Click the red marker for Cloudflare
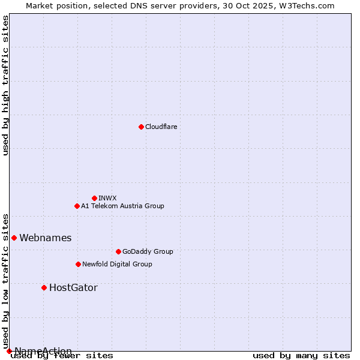tap(141, 127)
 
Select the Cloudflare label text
tap(161, 127)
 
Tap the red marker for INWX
tap(94, 198)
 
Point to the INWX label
tap(107, 198)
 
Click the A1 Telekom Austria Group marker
tap(77, 206)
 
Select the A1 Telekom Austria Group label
tap(122, 206)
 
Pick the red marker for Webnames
tap(14, 238)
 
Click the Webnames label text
tap(45, 238)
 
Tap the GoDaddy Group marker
tap(118, 251)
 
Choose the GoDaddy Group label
tap(148, 251)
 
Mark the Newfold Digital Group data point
tap(78, 264)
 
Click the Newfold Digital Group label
tap(117, 264)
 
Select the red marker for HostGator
tap(44, 287)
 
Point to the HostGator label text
tap(73, 287)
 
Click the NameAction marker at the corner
tap(9, 351)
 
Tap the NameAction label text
tap(43, 351)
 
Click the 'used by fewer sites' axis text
tap(62, 356)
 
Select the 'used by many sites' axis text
tap(301, 356)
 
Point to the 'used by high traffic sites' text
tap(5, 85)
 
